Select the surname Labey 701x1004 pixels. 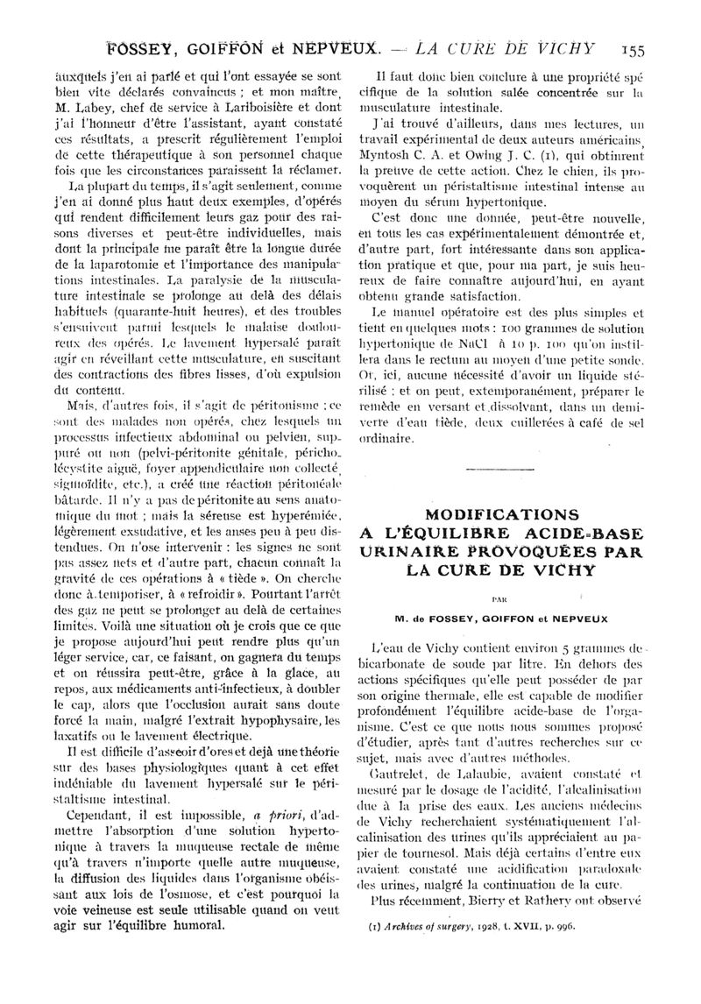[x=94, y=108]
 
